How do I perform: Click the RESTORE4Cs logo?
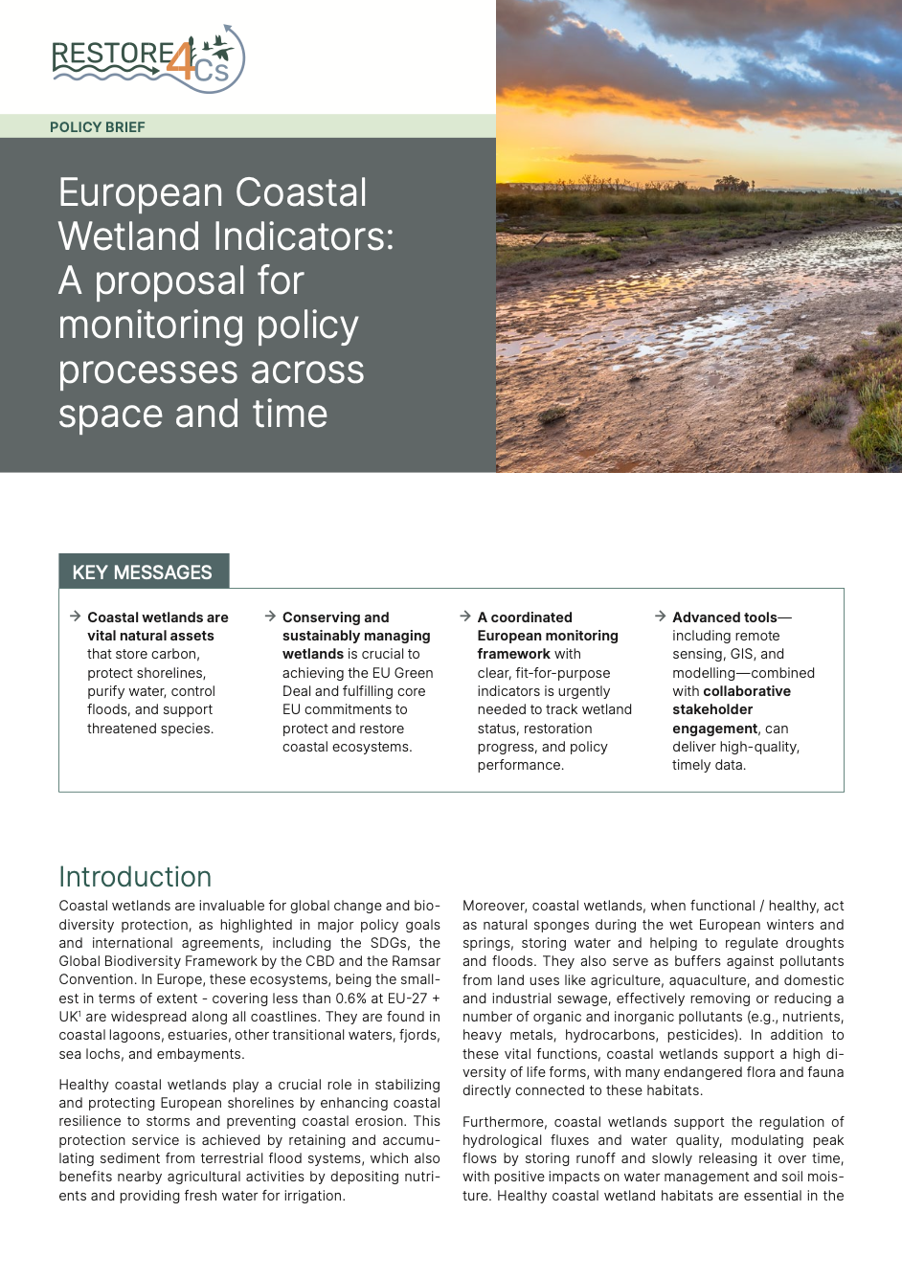click(148, 58)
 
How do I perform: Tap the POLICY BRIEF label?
click(98, 127)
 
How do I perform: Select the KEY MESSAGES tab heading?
click(143, 572)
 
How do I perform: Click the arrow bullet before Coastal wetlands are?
click(75, 617)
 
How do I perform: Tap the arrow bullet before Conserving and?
click(270, 617)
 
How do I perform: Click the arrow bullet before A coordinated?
click(465, 617)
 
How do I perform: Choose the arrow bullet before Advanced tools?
click(660, 617)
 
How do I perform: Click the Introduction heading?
click(135, 877)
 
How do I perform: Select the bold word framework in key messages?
click(514, 654)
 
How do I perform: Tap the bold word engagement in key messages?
click(714, 729)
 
